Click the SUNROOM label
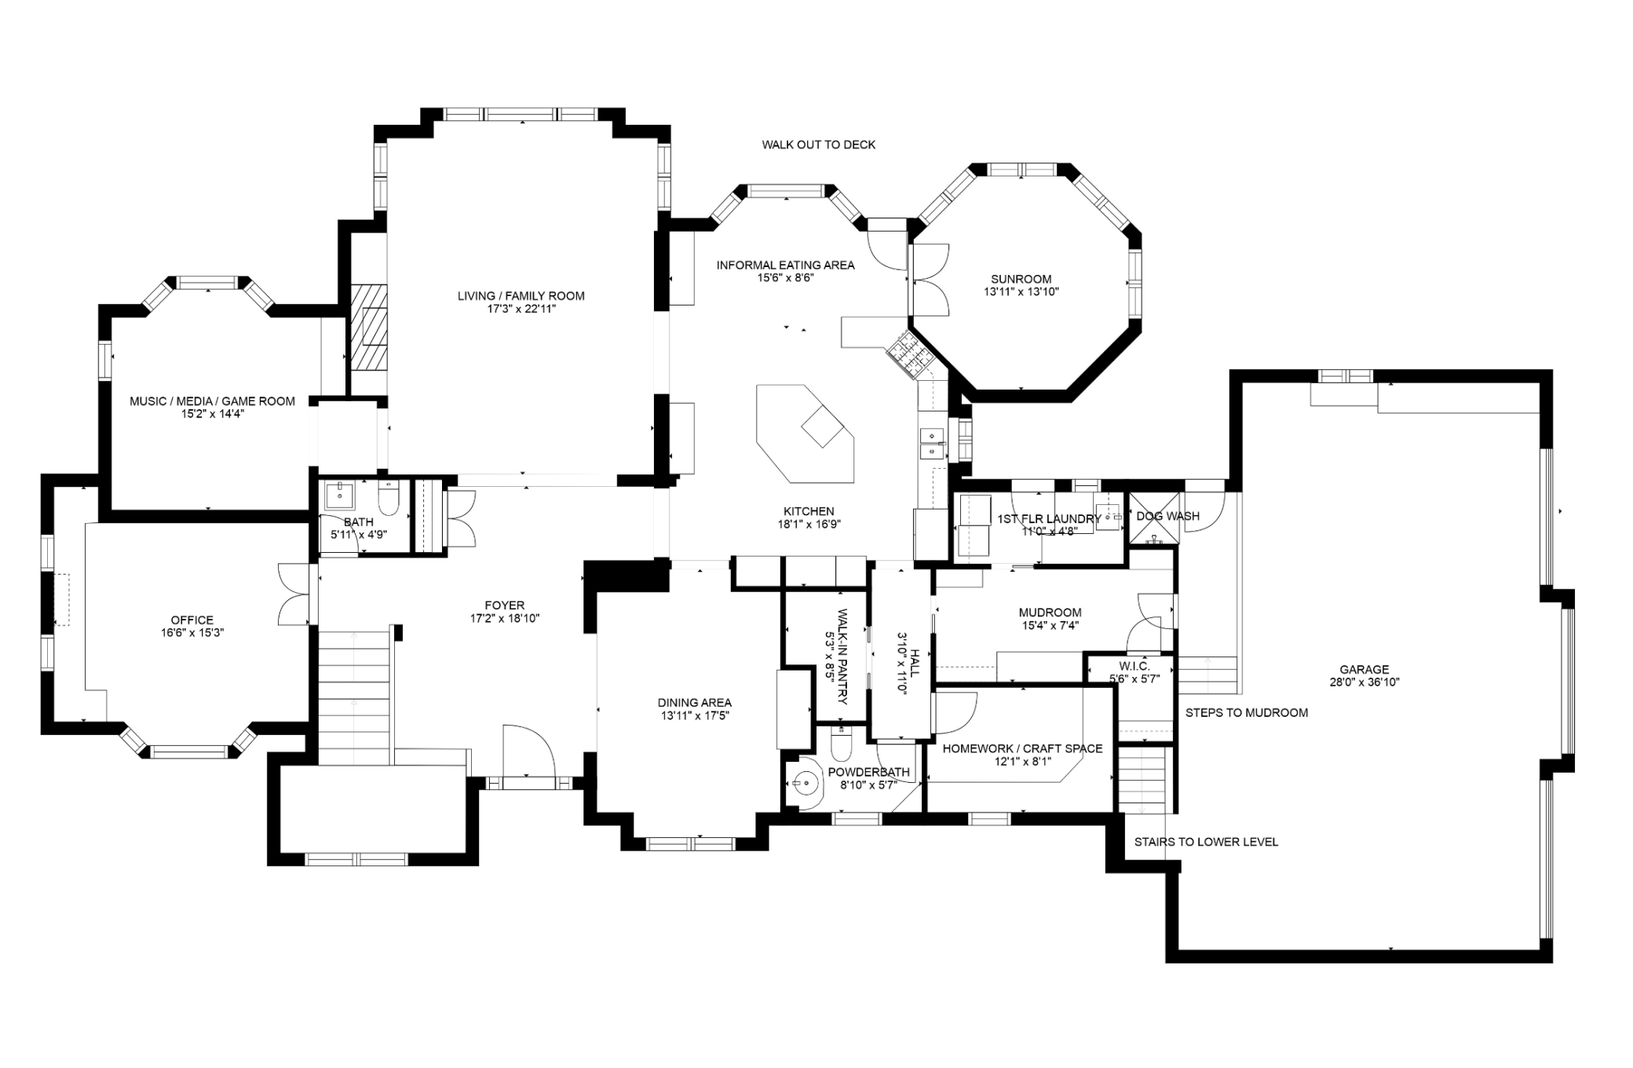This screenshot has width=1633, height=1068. coord(1021,279)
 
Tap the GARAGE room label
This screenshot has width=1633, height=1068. coord(1364,670)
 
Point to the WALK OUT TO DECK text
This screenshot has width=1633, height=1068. coord(819,144)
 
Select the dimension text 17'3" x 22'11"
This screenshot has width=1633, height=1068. coord(521,309)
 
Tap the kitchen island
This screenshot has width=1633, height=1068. coord(806,433)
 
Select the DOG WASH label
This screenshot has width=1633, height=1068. coord(1168,516)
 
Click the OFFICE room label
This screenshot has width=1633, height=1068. coord(192,620)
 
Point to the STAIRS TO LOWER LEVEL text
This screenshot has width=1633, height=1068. coord(1206,842)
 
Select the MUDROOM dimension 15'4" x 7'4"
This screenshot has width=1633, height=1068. coord(1050,626)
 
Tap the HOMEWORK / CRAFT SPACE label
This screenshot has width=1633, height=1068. coord(1022,748)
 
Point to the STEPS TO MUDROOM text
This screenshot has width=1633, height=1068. coord(1247,713)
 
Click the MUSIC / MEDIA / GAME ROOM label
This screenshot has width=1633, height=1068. coord(212,401)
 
